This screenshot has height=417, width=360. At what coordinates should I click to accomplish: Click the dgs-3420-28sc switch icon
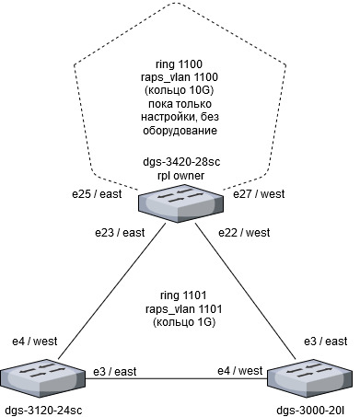180,203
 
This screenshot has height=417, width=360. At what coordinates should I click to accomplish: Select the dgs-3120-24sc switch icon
42,379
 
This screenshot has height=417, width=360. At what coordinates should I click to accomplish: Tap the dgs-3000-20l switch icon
310,379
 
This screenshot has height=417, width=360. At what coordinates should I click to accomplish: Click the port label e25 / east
97,194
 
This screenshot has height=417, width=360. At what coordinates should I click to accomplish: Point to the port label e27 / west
259,194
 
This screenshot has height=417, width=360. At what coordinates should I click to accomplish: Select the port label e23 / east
120,233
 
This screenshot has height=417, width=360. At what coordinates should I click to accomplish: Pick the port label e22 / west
244,233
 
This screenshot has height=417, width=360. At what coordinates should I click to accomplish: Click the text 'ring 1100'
180,64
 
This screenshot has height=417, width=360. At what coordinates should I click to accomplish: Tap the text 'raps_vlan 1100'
180,77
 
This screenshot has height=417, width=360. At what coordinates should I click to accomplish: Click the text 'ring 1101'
183,295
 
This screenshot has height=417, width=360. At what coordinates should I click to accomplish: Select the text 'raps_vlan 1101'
183,308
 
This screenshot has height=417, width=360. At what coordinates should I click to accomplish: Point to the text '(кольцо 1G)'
184,322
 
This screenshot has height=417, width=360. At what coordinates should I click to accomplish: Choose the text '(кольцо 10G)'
180,90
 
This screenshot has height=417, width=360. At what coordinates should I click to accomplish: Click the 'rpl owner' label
180,176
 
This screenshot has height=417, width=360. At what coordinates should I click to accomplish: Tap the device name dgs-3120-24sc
44,411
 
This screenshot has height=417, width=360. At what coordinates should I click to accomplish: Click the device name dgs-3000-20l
310,411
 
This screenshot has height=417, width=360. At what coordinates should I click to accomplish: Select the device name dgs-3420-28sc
181,162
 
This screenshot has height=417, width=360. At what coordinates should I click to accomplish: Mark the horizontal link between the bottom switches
176,378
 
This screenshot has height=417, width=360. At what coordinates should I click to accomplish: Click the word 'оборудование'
180,131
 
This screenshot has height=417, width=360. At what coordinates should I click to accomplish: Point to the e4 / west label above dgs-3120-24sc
34,342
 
